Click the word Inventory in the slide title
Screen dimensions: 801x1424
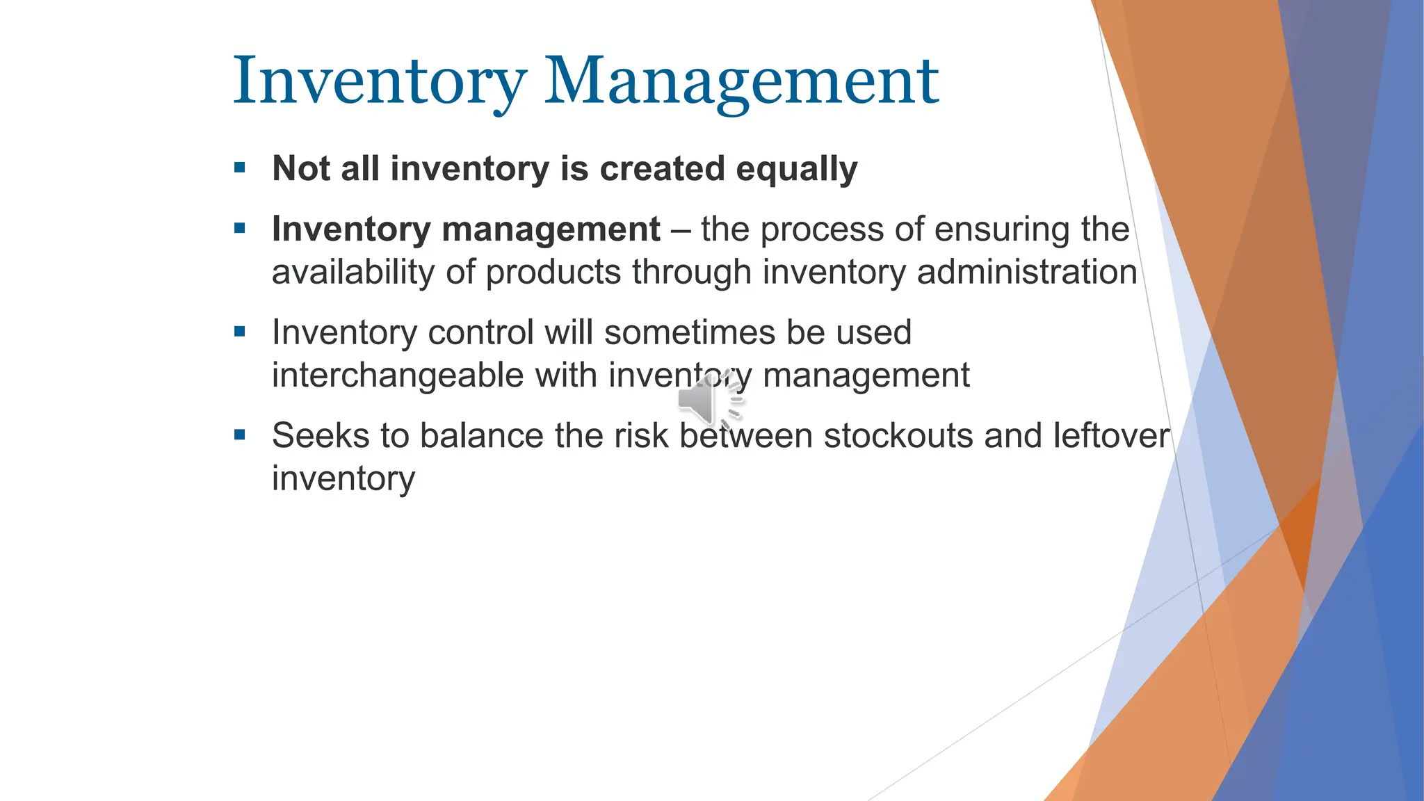point(379,81)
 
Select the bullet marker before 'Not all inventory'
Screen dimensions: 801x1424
point(240,168)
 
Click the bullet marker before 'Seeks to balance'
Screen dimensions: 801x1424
point(240,435)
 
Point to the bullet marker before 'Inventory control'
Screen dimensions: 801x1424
point(240,332)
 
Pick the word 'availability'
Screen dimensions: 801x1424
point(353,272)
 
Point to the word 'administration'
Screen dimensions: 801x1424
point(1026,272)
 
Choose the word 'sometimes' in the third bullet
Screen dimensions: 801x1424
point(689,332)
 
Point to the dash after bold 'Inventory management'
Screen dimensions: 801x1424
point(680,229)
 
